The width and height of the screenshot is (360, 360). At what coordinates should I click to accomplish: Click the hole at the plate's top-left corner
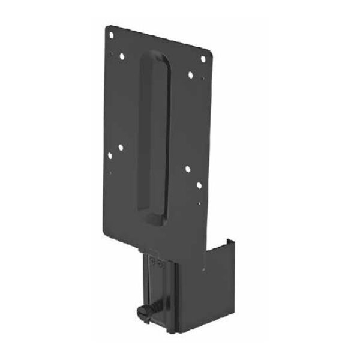tap(110, 35)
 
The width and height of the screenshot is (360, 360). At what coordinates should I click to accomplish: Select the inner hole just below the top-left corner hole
tap(122, 57)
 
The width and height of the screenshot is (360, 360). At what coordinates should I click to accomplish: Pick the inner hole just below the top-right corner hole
tap(190, 76)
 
